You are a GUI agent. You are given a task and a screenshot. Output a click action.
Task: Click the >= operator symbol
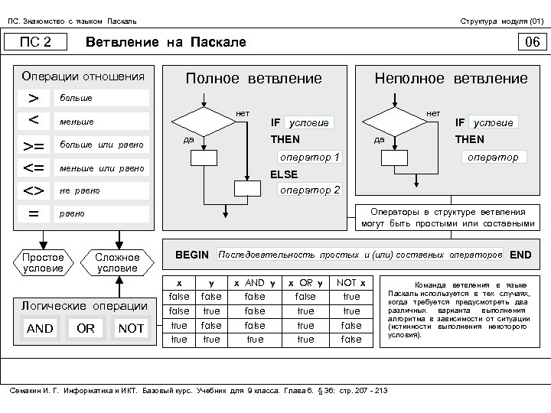point(34,145)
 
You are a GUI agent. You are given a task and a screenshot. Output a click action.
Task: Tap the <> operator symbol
point(34,190)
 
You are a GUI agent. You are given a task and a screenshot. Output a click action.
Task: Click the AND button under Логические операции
point(40,328)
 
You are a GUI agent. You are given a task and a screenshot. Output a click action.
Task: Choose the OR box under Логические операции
point(86,328)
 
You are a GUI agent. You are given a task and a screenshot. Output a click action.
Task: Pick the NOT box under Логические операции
point(131,328)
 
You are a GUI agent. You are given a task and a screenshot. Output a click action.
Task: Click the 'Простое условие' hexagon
point(44,262)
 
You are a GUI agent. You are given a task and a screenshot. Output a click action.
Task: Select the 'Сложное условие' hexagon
point(118,262)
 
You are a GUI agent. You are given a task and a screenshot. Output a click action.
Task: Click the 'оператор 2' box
point(310,190)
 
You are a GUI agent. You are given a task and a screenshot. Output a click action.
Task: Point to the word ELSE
point(285,174)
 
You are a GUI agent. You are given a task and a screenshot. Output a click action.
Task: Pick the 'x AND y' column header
point(255,282)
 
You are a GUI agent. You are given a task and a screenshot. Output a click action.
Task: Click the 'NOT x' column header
point(351,282)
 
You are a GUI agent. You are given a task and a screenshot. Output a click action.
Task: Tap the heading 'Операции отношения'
point(83,76)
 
